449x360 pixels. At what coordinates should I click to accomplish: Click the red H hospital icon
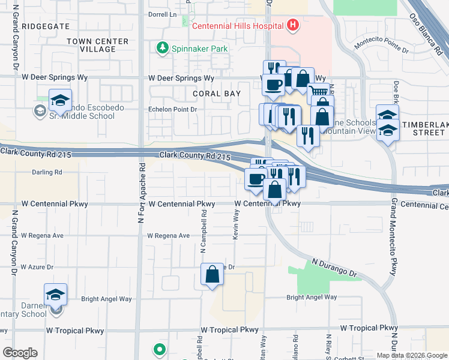coord(293,25)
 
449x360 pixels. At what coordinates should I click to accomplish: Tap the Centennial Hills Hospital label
coord(238,26)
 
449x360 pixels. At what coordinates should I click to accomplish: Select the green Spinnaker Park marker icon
coord(161,47)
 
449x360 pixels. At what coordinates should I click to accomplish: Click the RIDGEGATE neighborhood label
coord(45,27)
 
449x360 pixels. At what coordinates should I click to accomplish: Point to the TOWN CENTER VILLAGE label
coord(98,46)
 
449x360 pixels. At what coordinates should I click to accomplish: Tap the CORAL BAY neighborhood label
coord(217,94)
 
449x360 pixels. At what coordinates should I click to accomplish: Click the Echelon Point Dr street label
coord(173,109)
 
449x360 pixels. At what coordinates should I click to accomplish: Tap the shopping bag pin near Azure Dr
coord(212,275)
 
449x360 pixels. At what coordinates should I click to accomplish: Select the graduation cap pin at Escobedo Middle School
coord(60,101)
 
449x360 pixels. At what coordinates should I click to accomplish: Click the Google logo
coord(20,353)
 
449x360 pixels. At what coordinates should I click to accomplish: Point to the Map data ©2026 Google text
coord(411,355)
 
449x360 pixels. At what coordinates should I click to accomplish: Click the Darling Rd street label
coord(47,172)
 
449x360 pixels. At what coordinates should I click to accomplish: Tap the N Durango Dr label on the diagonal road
coord(334,268)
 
